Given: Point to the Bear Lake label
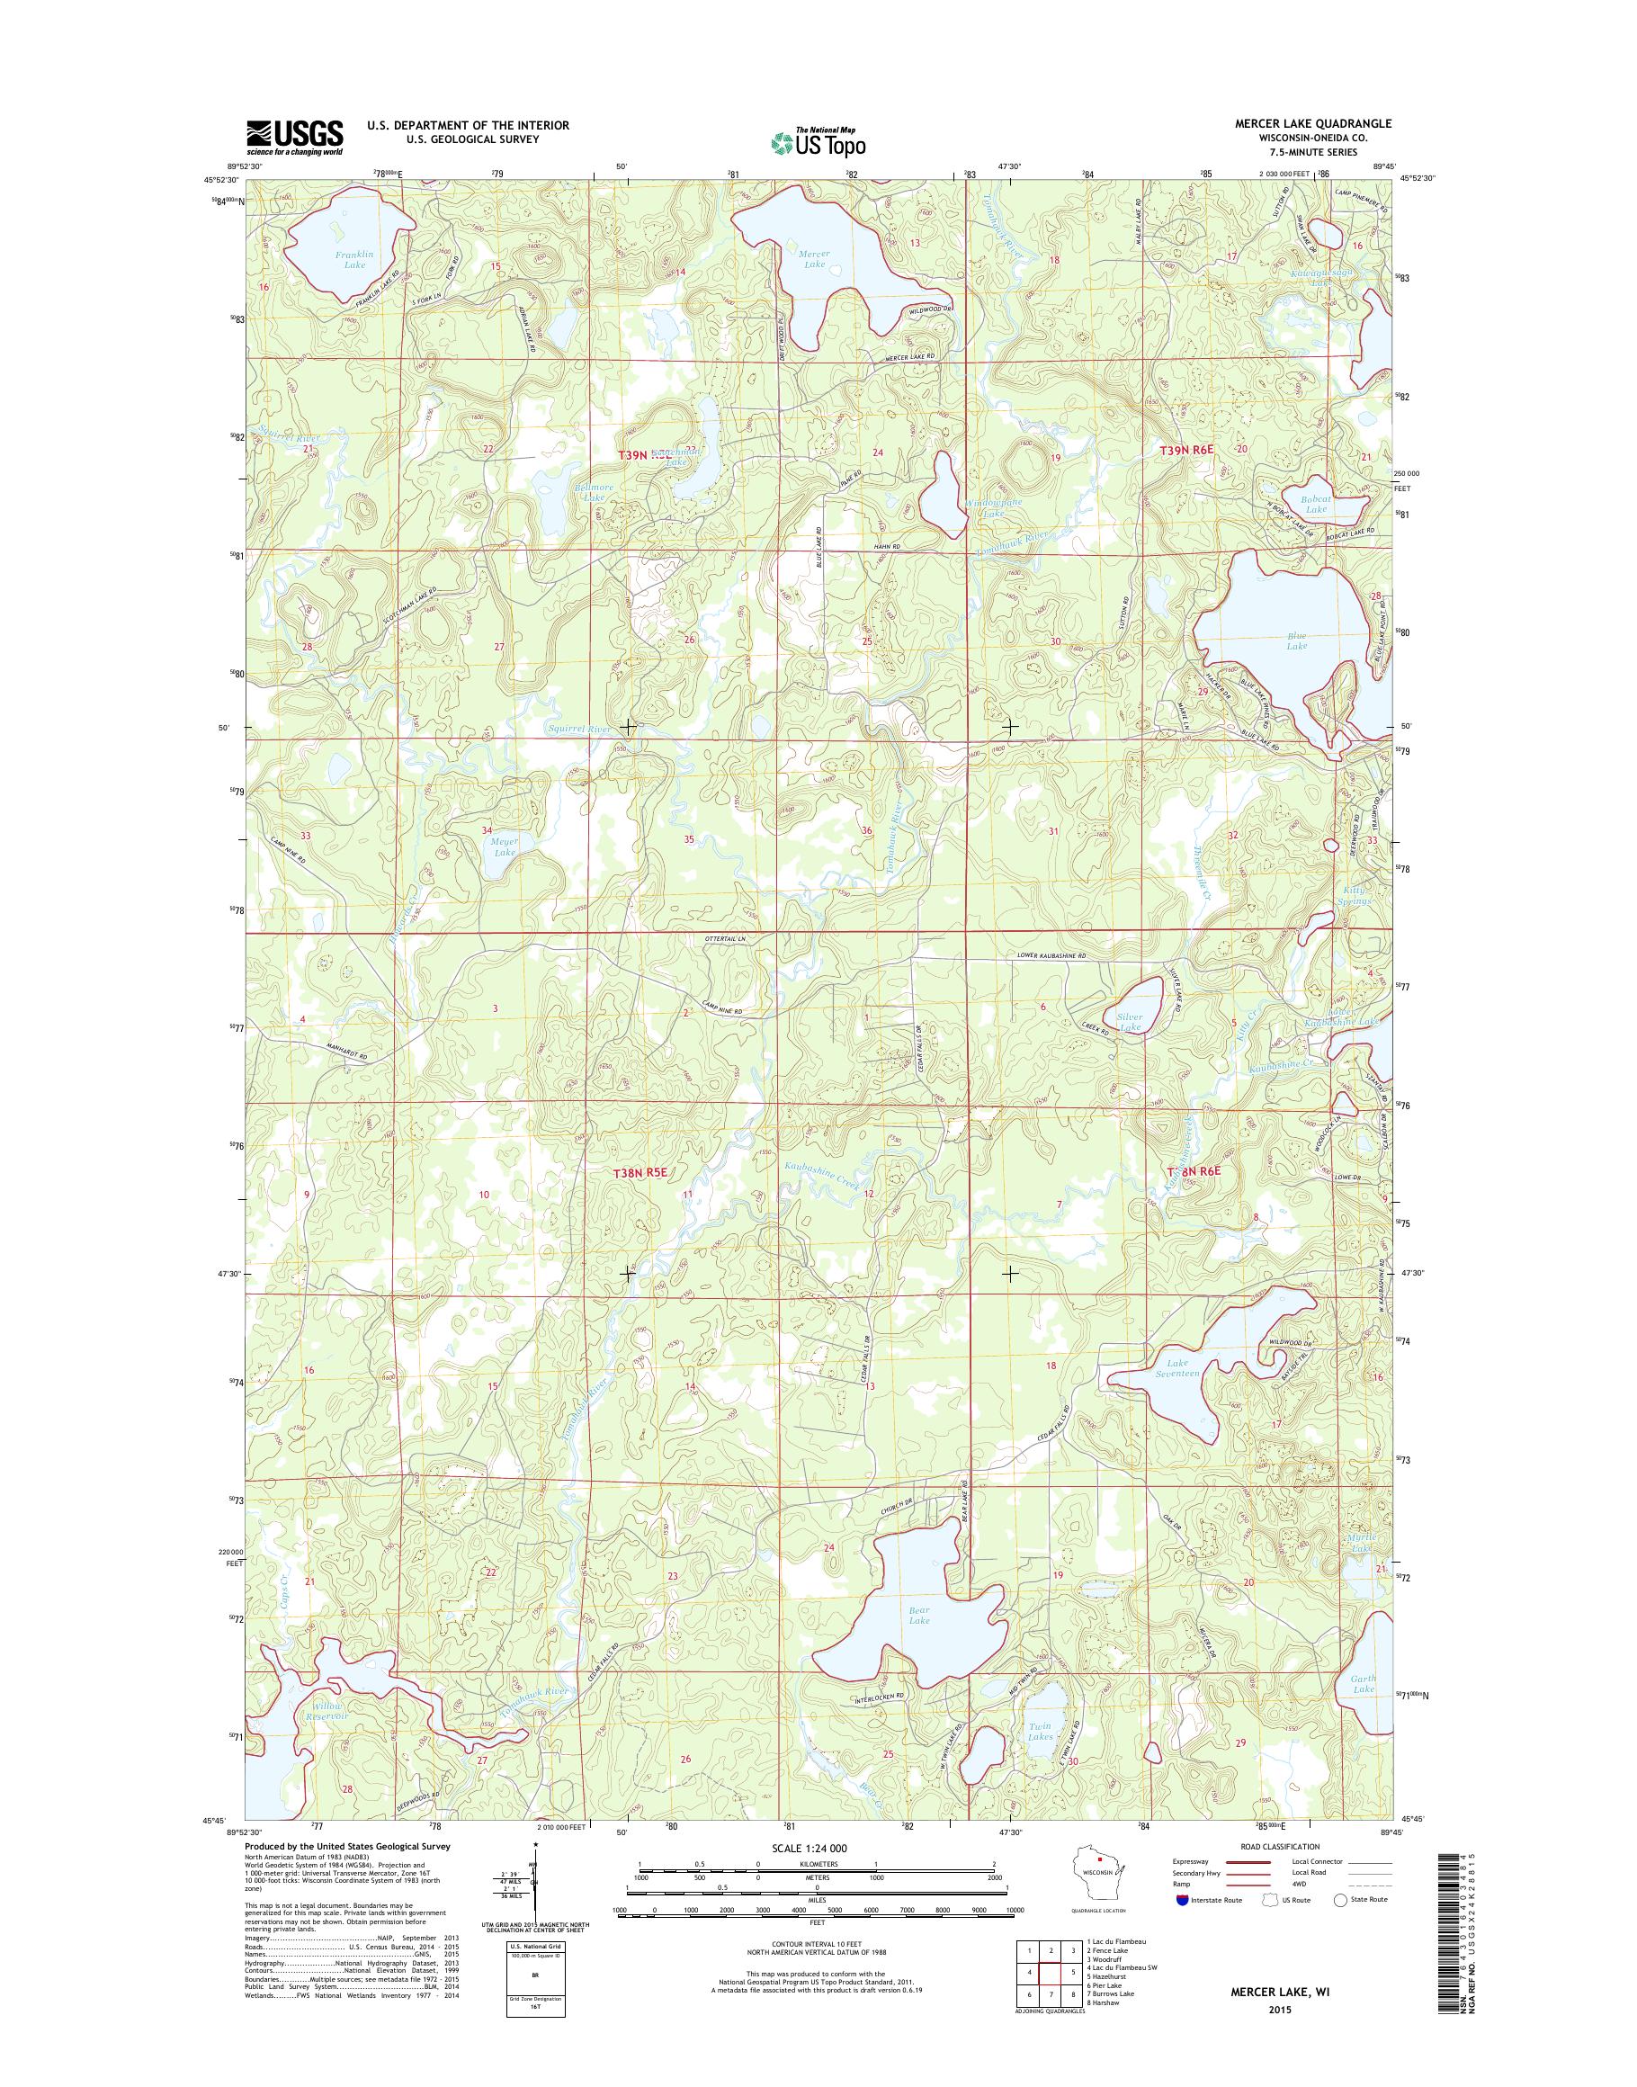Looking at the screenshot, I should click(919, 1616).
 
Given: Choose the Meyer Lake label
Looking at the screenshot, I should click(504, 846).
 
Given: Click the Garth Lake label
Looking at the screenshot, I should click(1364, 1683).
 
